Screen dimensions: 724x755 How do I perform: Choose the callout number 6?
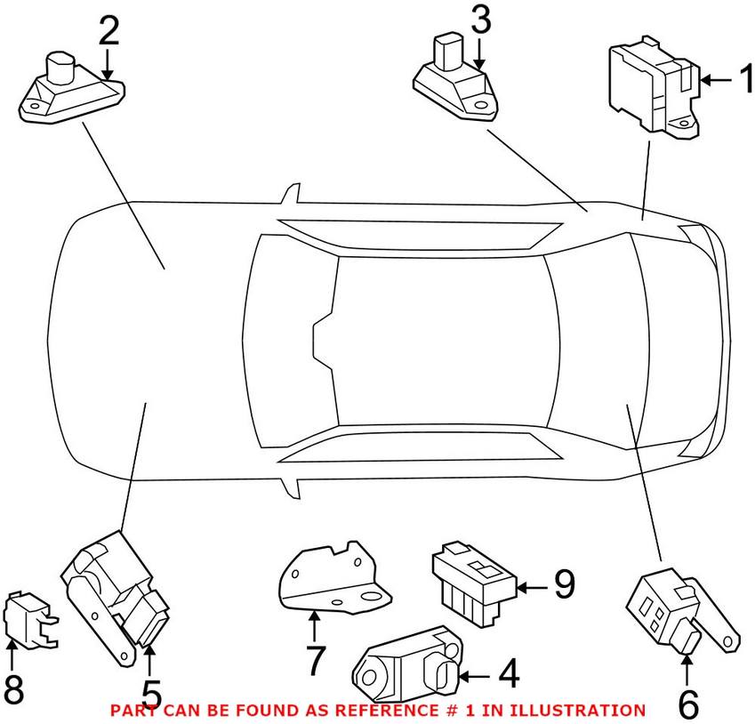(688, 704)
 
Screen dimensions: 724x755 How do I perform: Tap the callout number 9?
(564, 585)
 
